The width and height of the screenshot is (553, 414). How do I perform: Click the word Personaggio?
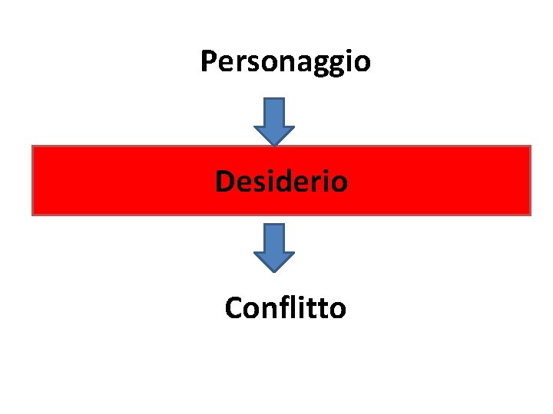click(285, 61)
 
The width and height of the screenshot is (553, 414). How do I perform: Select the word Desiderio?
click(281, 182)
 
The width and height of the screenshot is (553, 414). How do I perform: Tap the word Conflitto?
click(285, 308)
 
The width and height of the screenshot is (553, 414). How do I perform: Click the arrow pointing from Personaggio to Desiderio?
click(274, 121)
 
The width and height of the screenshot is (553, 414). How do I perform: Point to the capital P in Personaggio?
click(207, 61)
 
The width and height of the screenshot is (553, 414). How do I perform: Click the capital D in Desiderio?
click(224, 182)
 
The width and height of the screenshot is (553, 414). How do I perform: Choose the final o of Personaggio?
click(363, 64)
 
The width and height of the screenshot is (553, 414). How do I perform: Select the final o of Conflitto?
click(338, 310)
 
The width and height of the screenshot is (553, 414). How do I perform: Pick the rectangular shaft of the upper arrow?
click(274, 110)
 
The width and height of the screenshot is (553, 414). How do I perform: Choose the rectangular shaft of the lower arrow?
click(274, 237)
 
